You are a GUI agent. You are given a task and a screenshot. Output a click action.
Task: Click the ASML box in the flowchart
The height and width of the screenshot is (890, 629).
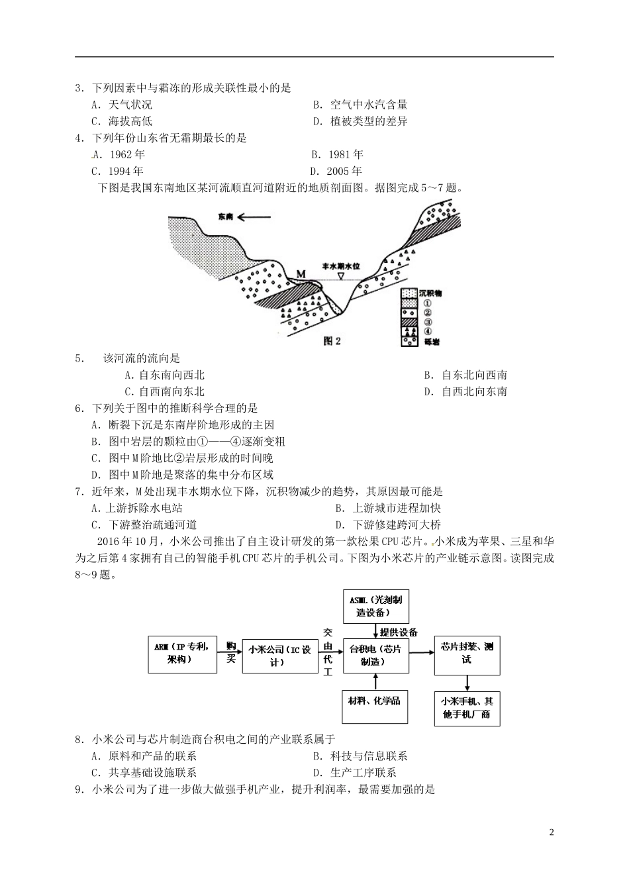(x=375, y=605)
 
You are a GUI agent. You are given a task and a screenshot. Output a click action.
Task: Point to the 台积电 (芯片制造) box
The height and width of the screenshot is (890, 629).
(x=375, y=656)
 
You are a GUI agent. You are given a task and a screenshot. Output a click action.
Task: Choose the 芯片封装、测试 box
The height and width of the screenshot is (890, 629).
(x=467, y=653)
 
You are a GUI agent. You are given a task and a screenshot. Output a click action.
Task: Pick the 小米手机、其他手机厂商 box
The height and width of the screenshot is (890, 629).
(x=467, y=707)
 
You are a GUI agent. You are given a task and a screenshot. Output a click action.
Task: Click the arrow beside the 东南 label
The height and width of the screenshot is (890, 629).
(x=255, y=217)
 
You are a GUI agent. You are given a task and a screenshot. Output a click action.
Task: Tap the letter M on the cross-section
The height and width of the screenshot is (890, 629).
(x=301, y=273)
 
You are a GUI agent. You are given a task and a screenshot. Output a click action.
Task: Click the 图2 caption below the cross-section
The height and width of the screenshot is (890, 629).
(x=332, y=341)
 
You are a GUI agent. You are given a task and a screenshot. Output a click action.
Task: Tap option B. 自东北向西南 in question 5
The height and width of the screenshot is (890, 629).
(x=465, y=375)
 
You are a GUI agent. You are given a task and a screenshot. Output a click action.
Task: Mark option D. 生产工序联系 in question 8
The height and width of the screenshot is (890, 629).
(x=354, y=772)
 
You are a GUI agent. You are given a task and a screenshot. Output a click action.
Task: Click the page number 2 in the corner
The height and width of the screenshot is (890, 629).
(x=551, y=832)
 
